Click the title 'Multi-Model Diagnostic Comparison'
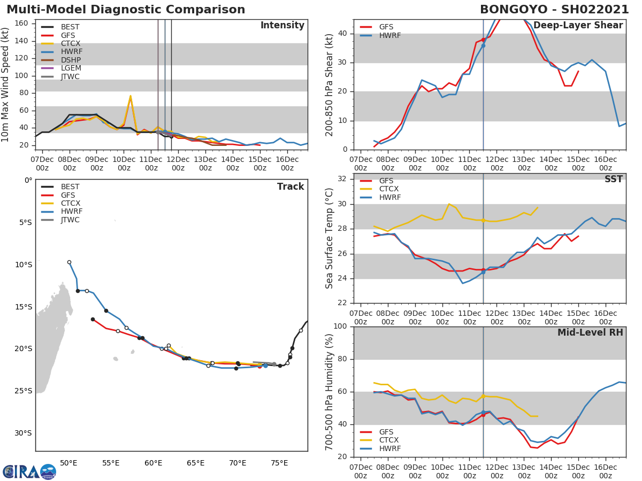coord(126,10)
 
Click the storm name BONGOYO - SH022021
coord(554,10)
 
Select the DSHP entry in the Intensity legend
coord(70,60)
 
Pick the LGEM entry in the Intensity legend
coord(70,68)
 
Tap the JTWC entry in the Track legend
coord(70,220)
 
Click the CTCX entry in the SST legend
coord(389,189)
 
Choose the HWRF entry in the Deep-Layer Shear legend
coord(389,35)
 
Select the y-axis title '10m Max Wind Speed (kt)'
coord(6,84)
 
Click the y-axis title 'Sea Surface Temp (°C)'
coord(330,238)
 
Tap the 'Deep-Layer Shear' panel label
coord(578,26)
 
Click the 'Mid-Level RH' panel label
coord(590,332)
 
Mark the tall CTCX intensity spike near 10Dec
coord(130,96)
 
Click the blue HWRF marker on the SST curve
coord(483,272)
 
